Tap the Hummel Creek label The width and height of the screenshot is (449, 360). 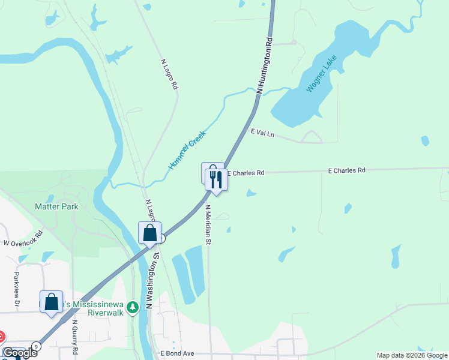[x=187, y=149]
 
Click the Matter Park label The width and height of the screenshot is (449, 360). [x=56, y=206]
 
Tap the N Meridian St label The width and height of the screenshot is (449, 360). [x=208, y=225]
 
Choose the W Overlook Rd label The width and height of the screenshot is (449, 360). [x=23, y=239]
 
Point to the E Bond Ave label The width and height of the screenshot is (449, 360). [x=177, y=354]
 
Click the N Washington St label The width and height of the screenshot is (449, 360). [x=155, y=280]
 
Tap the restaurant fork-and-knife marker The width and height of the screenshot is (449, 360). [x=216, y=179]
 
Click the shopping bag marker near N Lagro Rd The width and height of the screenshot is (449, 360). [x=149, y=232]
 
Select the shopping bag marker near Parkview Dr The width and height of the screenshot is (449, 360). [x=52, y=301]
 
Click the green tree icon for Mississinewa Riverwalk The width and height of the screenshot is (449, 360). [x=133, y=307]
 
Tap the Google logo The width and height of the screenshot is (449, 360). [x=19, y=353]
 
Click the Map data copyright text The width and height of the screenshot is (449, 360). [x=412, y=355]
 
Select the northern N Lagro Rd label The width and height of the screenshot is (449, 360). [x=170, y=74]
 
